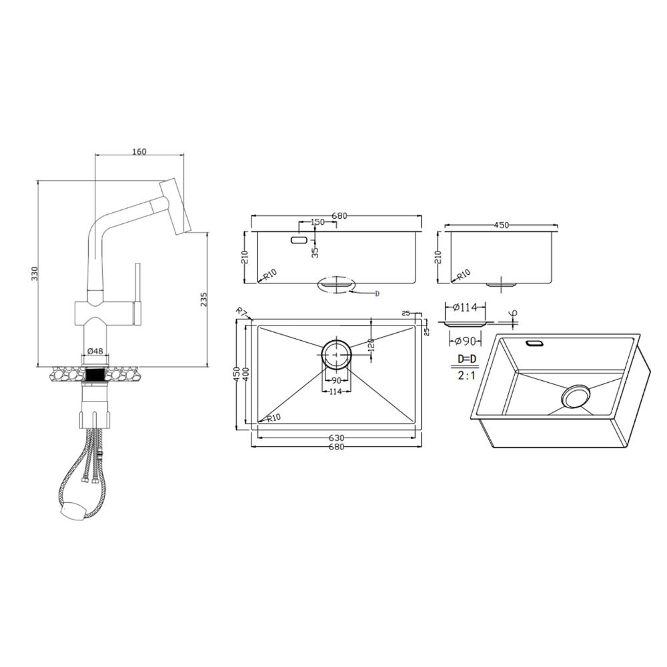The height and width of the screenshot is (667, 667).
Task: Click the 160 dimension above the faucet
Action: [139, 151]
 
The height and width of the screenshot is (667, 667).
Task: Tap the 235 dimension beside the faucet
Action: [203, 299]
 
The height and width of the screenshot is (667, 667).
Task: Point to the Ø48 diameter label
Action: [95, 351]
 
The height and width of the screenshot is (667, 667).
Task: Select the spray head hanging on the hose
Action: [73, 509]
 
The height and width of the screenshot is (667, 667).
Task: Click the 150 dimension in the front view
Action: [317, 222]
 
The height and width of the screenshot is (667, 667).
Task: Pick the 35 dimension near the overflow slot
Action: [315, 253]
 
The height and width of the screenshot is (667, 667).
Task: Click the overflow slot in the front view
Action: [299, 240]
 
